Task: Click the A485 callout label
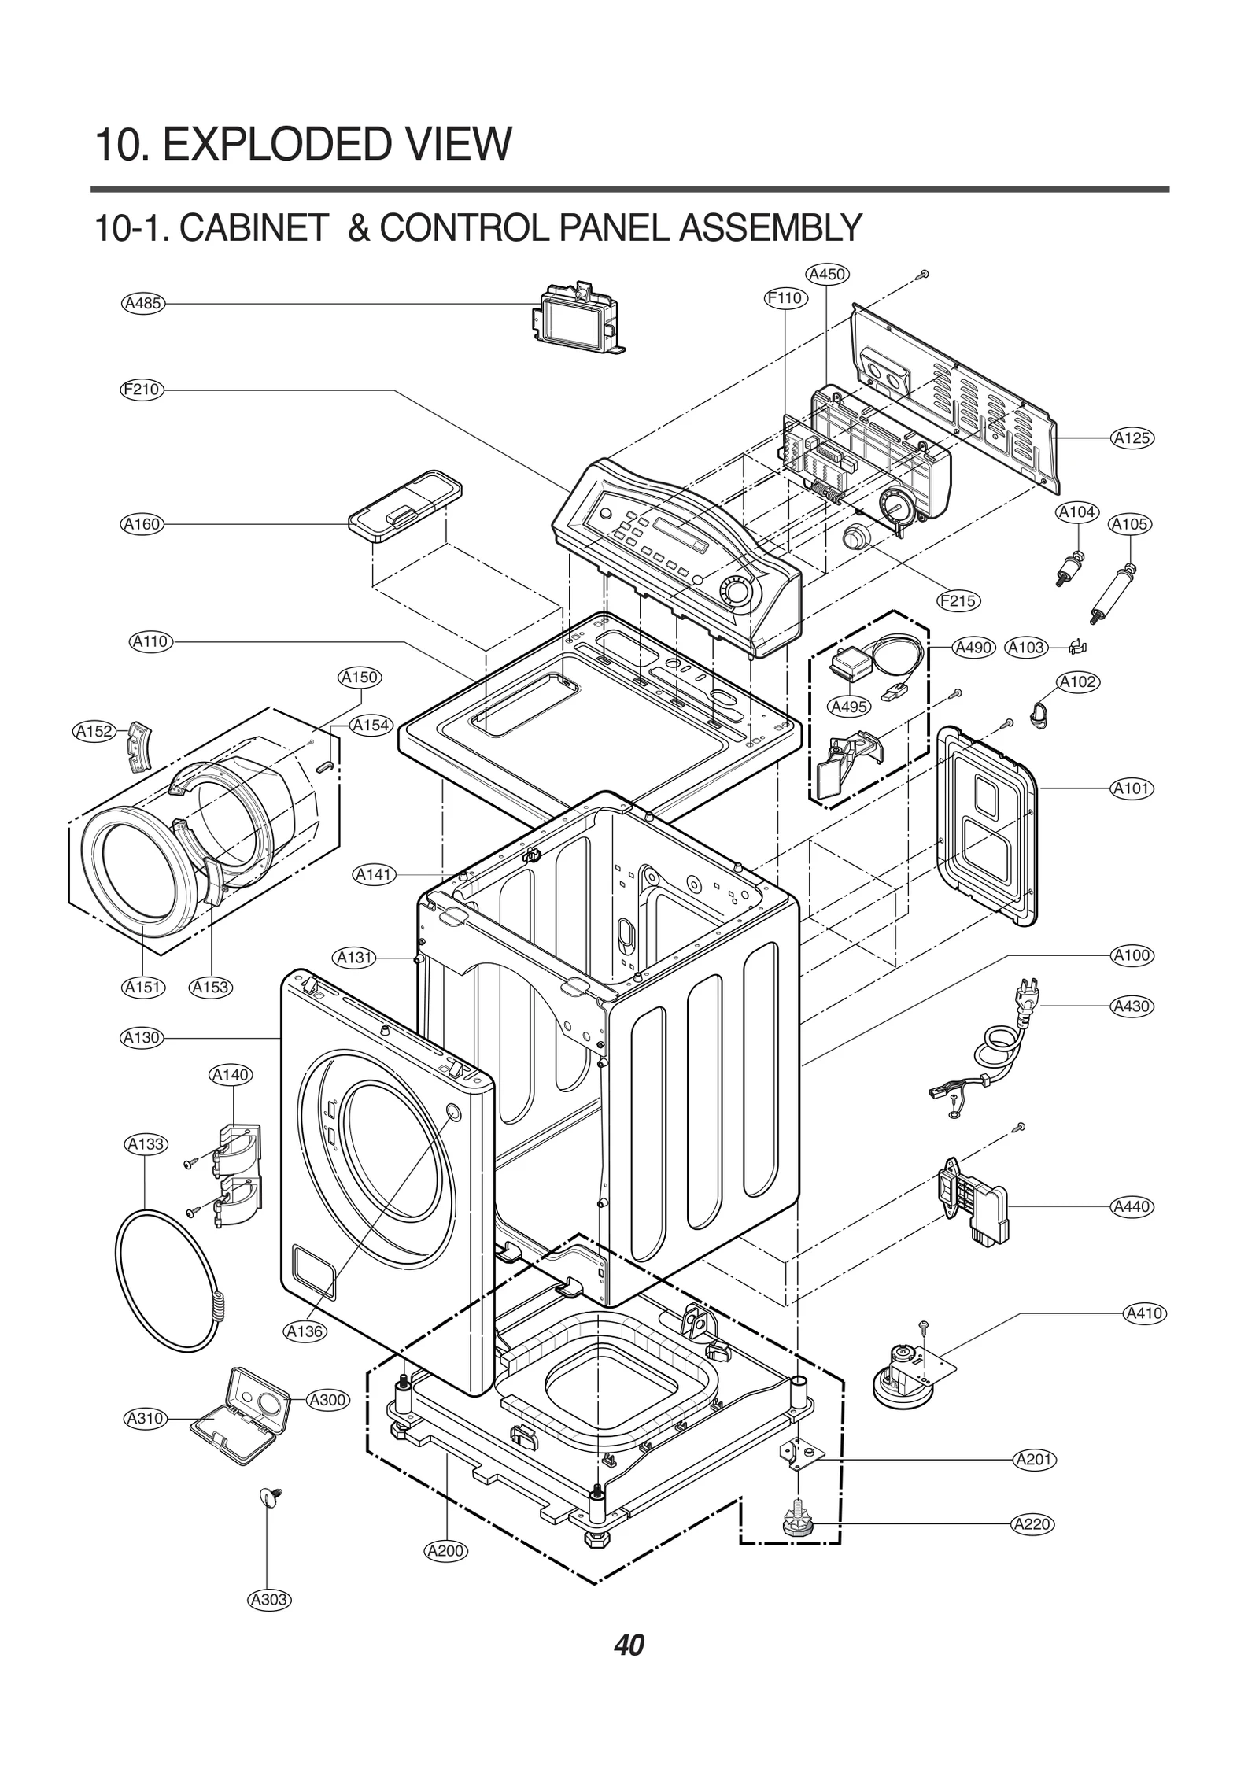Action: coord(143,303)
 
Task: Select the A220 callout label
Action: coord(1032,1524)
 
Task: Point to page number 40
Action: coord(629,1645)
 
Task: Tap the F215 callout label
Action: coord(958,601)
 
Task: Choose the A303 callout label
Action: coord(269,1599)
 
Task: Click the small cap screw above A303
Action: coord(271,1497)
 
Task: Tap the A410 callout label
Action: coord(1143,1313)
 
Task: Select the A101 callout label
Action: coord(1132,788)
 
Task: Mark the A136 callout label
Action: coord(305,1331)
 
